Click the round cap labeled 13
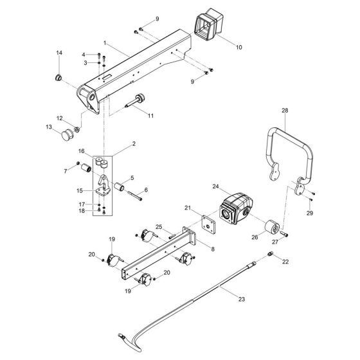point(67,136)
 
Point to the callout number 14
point(59,51)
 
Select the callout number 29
point(309,213)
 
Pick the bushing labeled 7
point(102,168)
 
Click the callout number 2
point(133,146)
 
